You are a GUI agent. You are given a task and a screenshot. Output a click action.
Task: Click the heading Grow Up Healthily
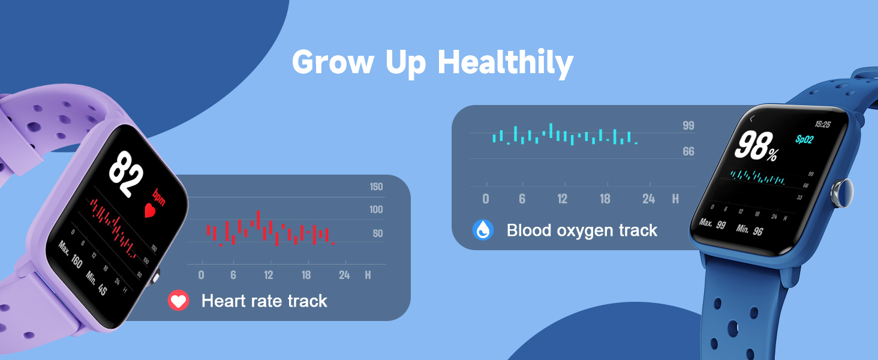pyautogui.click(x=432, y=62)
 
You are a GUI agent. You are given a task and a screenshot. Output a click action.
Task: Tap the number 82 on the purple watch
pyautogui.click(x=126, y=173)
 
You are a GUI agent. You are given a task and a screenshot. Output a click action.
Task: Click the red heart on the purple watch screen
pyautogui.click(x=151, y=211)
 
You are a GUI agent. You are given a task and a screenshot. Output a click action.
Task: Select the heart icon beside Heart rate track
pyautogui.click(x=178, y=300)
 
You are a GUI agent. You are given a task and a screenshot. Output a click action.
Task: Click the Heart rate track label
pyautogui.click(x=264, y=301)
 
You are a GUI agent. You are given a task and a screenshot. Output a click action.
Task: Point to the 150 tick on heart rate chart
pyautogui.click(x=376, y=187)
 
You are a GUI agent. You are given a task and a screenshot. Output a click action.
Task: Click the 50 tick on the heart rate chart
pyautogui.click(x=377, y=234)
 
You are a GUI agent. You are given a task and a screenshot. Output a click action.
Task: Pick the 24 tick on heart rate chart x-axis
pyautogui.click(x=344, y=275)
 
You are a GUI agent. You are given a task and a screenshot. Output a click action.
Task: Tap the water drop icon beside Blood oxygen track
pyautogui.click(x=483, y=230)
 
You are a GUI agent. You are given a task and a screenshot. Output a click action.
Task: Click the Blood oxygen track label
pyautogui.click(x=582, y=230)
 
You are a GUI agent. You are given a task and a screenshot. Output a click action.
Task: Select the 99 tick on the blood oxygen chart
pyautogui.click(x=688, y=125)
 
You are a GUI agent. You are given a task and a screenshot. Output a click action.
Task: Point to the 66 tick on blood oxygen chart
pyautogui.click(x=688, y=152)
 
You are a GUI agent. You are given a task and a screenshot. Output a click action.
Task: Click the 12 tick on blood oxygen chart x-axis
pyautogui.click(x=562, y=199)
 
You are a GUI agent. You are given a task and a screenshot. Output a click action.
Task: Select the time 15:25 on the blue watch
pyautogui.click(x=823, y=124)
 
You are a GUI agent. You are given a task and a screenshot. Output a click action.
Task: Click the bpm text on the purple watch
pyautogui.click(x=159, y=196)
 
